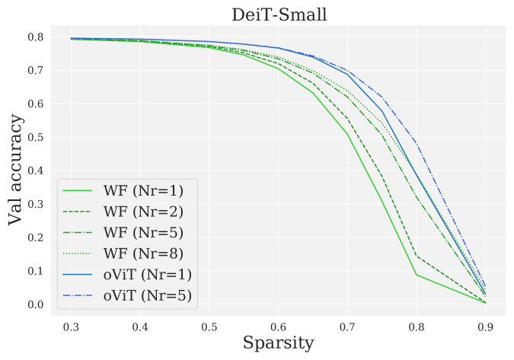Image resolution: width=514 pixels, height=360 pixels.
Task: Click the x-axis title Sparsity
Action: point(278,343)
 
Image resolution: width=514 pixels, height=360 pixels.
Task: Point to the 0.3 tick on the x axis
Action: point(71,327)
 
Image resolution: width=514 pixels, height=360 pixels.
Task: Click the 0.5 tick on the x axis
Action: point(209,327)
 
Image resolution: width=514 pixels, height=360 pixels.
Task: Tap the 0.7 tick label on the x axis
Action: point(347,327)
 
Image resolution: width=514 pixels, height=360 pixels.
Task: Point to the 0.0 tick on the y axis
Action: point(36,304)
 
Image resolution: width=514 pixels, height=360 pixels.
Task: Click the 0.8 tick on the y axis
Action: point(36,37)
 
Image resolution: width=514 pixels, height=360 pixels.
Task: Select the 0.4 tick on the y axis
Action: point(36,170)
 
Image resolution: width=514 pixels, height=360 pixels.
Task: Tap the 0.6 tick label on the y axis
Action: point(36,104)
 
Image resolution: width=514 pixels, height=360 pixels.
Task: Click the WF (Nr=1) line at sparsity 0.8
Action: point(417,275)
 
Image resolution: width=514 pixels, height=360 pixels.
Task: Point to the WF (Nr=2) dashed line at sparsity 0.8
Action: point(417,256)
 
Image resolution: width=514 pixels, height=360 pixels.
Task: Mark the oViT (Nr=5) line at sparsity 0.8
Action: point(417,143)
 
